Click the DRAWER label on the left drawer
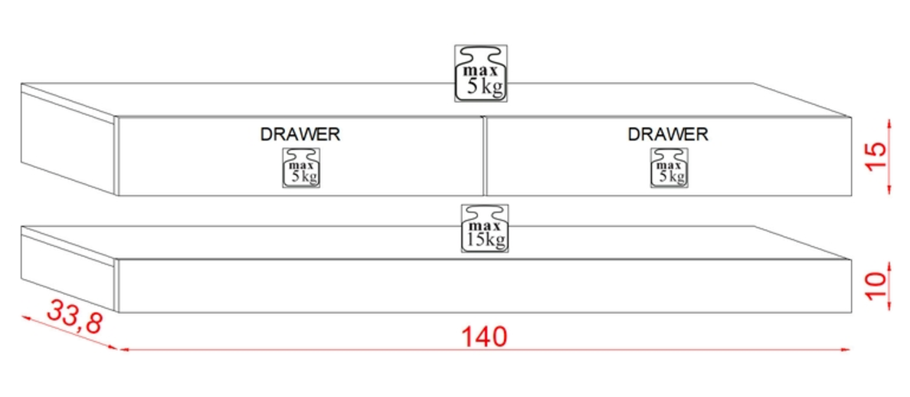(300, 134)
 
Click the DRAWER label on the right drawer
(668, 134)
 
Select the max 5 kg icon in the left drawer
(301, 168)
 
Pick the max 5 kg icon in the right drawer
(669, 168)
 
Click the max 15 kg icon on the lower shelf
(485, 228)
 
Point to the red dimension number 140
(485, 336)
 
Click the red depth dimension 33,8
(74, 316)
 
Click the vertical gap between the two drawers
(485, 156)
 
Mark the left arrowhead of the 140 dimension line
(123, 349)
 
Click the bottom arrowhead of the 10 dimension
(889, 310)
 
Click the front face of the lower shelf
(485, 287)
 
